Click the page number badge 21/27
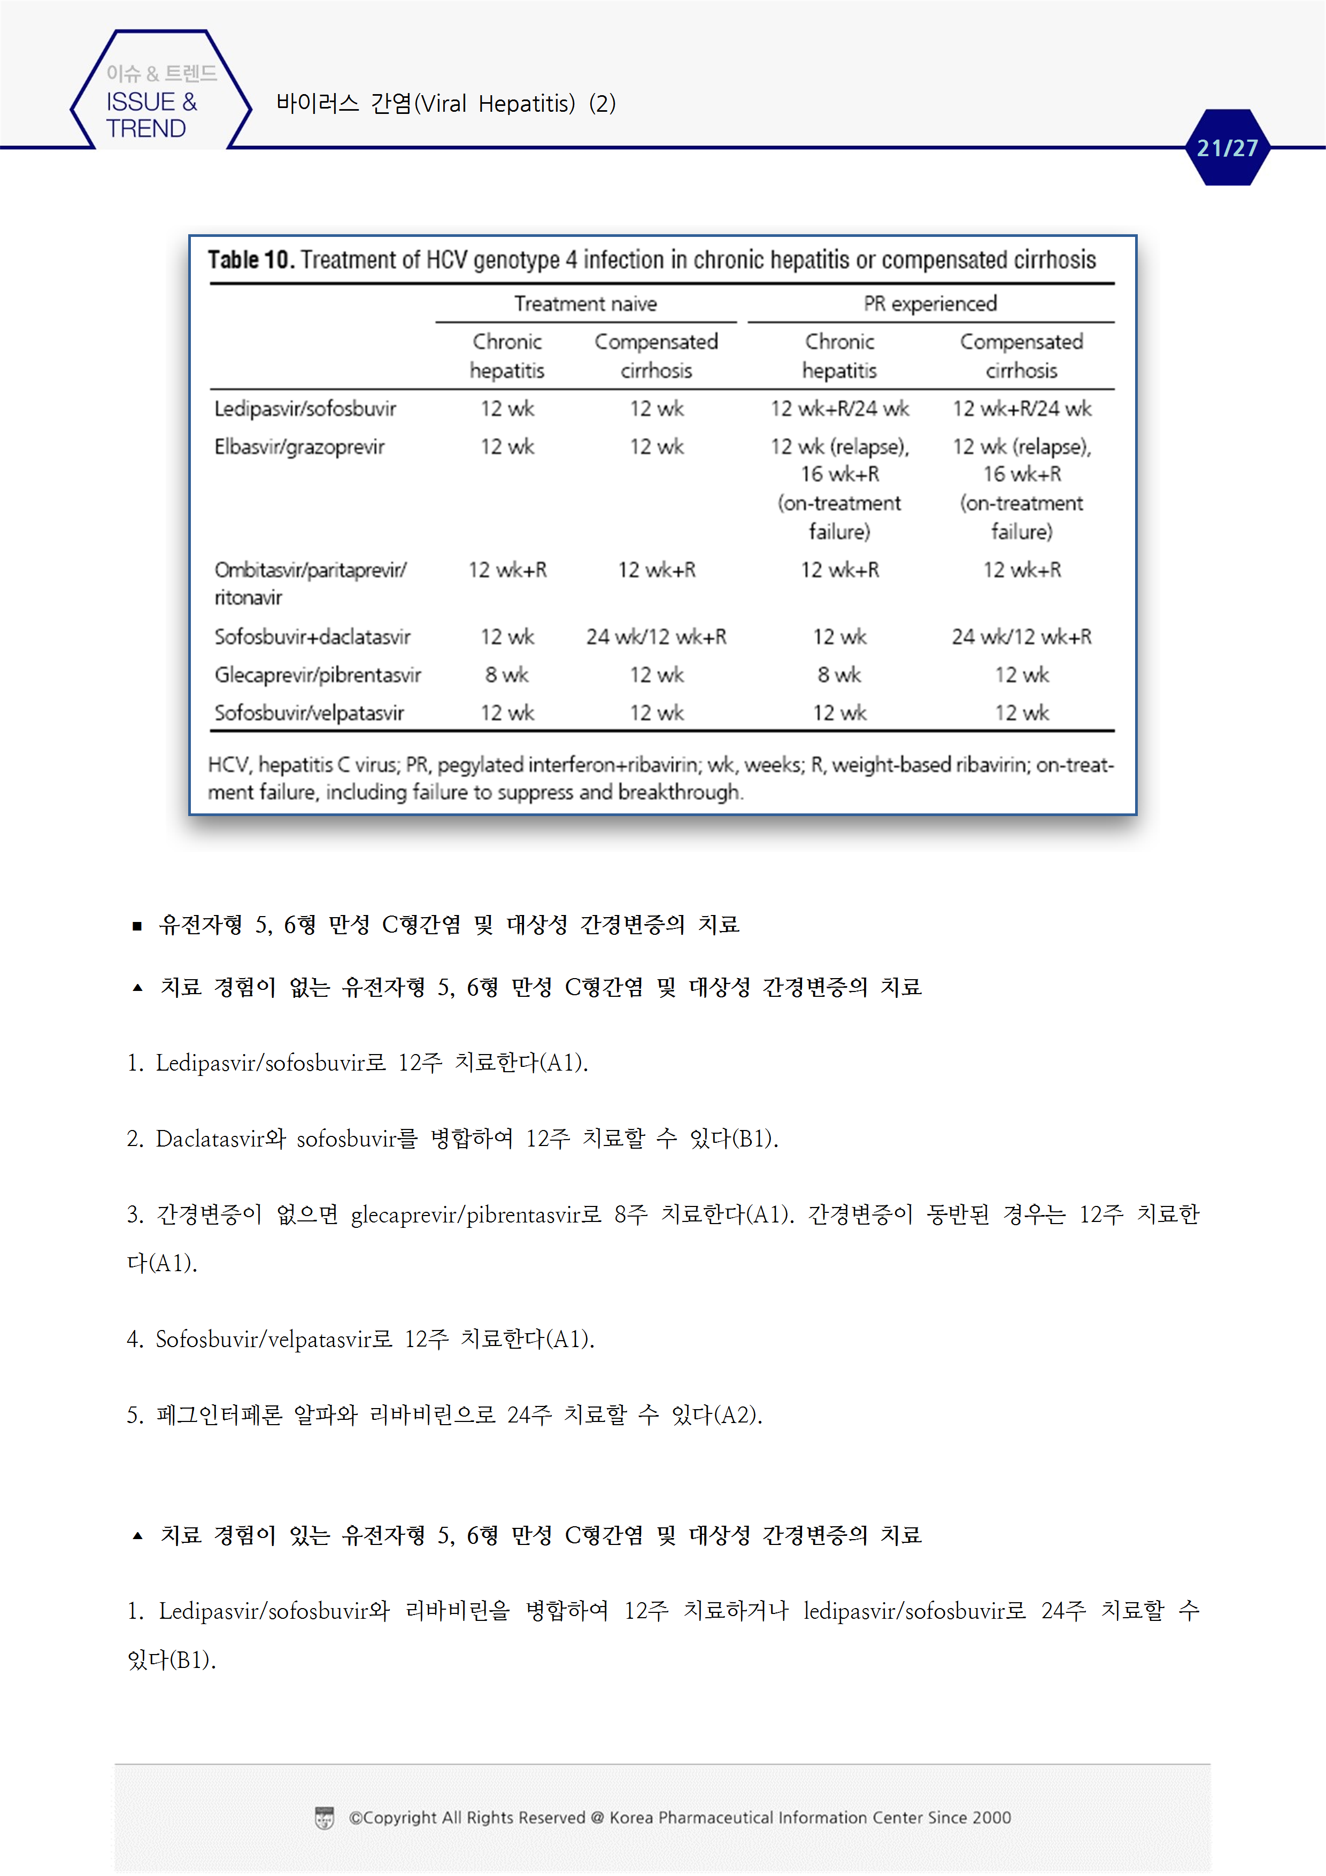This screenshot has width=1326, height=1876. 1227,148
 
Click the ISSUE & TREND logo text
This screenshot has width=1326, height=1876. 151,114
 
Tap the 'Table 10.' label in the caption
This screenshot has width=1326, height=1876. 250,260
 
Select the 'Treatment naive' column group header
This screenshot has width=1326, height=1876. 585,304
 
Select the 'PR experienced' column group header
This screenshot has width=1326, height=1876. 930,304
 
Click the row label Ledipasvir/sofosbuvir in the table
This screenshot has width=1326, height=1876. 305,409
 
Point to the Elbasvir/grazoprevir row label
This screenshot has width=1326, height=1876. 299,447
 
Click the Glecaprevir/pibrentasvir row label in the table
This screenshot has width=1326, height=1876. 317,675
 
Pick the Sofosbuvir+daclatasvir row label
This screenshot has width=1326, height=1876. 312,636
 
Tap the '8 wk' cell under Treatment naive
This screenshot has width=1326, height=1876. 506,675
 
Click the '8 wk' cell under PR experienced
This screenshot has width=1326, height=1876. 839,675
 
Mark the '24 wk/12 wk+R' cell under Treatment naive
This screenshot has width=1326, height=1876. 656,636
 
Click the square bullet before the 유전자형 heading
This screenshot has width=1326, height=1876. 137,926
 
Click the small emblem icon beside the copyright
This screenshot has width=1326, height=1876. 325,1818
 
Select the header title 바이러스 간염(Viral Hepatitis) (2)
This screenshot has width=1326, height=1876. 445,104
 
